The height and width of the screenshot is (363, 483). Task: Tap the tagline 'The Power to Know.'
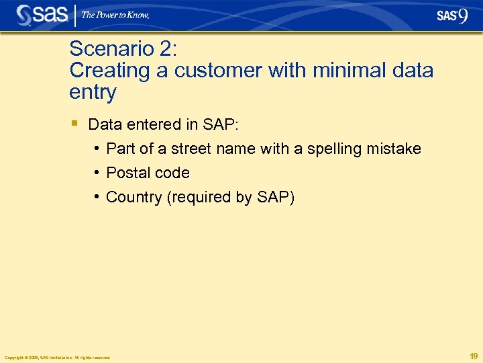coord(115,15)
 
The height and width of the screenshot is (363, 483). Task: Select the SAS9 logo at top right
coord(452,15)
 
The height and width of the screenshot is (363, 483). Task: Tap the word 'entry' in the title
coord(93,92)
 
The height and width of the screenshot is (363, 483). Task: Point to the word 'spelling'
coord(333,149)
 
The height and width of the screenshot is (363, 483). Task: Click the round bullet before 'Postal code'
coord(97,173)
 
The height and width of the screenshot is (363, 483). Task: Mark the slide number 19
coord(474,356)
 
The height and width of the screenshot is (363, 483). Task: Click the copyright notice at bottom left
coord(57,357)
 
